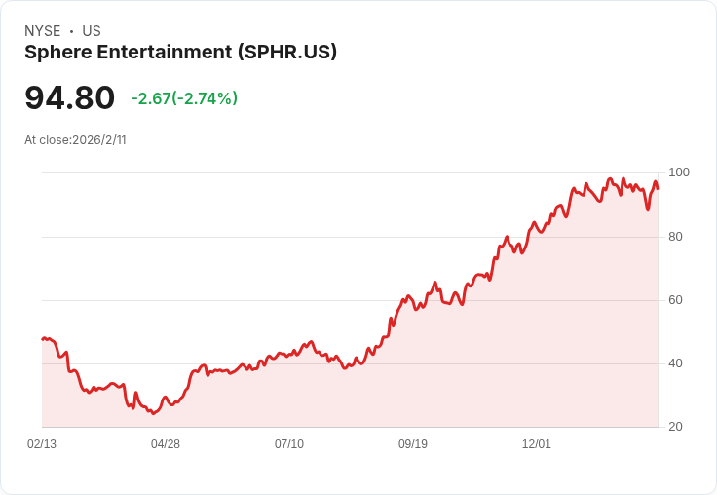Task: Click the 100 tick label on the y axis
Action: pyautogui.click(x=679, y=172)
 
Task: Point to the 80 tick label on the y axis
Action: pyautogui.click(x=675, y=237)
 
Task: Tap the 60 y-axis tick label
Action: pyautogui.click(x=675, y=300)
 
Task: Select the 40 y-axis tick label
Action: pyautogui.click(x=675, y=363)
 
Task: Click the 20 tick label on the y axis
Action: pyautogui.click(x=675, y=427)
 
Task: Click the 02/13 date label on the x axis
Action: pyautogui.click(x=42, y=444)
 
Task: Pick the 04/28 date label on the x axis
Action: pyautogui.click(x=166, y=444)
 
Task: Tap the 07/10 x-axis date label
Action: pyautogui.click(x=289, y=444)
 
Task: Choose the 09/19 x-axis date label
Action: pyautogui.click(x=413, y=444)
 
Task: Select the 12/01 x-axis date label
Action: pyautogui.click(x=537, y=444)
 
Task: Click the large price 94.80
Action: pyautogui.click(x=69, y=97)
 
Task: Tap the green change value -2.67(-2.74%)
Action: pyautogui.click(x=184, y=98)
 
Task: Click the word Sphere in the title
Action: pyautogui.click(x=58, y=53)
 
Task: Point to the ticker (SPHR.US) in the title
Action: pyautogui.click(x=286, y=53)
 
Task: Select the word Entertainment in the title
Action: pyautogui.click(x=165, y=52)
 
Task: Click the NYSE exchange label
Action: pyautogui.click(x=43, y=31)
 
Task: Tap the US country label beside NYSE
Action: pyautogui.click(x=92, y=31)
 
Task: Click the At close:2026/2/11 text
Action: pyautogui.click(x=75, y=140)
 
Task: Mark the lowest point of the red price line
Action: pyautogui.click(x=153, y=413)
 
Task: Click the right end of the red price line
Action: pyautogui.click(x=658, y=188)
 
